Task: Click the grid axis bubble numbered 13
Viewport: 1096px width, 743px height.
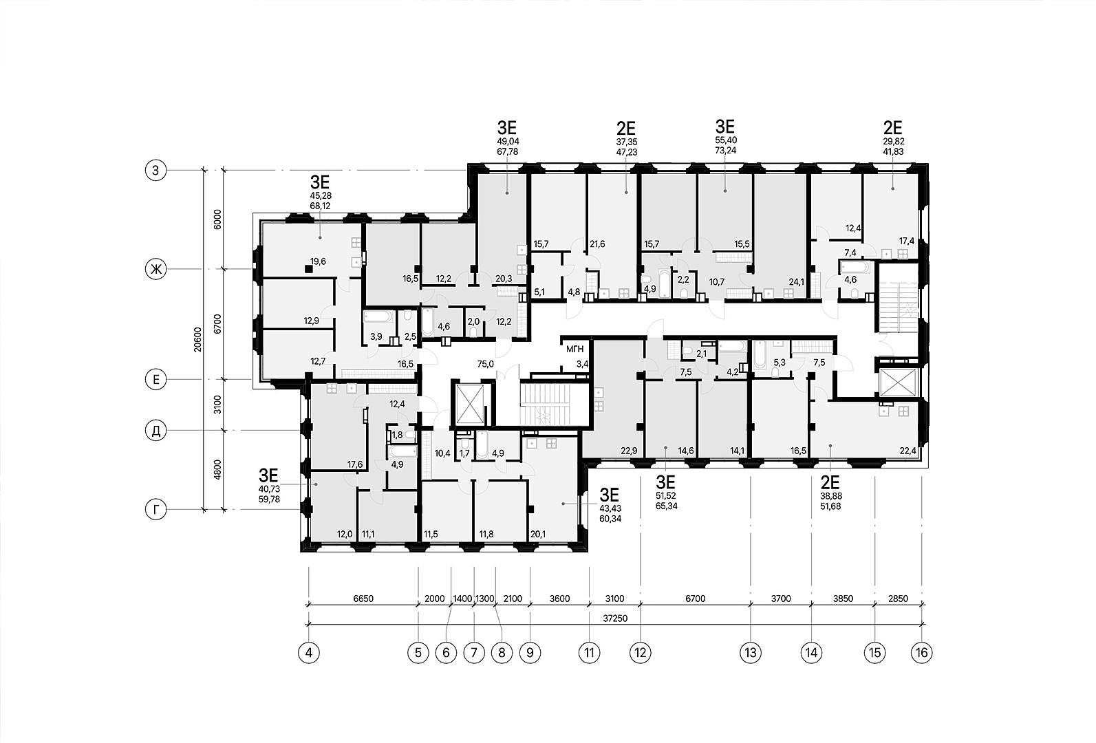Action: pos(751,652)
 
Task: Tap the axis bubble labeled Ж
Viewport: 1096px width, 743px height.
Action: pos(156,270)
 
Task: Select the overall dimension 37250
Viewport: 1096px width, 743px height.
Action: pos(615,618)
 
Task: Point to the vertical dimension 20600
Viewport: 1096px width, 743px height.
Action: pos(197,339)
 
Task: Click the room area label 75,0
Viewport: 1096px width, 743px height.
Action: pos(485,363)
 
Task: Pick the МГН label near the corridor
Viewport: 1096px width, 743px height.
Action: pos(575,349)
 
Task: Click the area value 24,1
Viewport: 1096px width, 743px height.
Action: pos(797,282)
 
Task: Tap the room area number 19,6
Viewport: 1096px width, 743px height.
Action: pos(318,261)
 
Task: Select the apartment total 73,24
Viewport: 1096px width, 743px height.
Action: pos(725,150)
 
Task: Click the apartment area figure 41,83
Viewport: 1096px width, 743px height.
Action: pos(893,151)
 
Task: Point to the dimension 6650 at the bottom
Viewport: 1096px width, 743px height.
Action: pos(363,599)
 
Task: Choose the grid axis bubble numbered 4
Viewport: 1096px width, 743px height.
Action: pos(309,652)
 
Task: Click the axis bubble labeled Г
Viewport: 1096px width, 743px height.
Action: pos(156,510)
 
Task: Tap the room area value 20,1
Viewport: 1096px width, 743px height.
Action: pos(538,534)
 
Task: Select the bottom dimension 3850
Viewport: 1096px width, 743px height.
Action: pos(843,599)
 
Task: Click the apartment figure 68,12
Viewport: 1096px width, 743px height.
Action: pos(320,206)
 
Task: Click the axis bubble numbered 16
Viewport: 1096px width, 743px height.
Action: pos(921,652)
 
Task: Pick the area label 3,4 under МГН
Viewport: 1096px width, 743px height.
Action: pos(582,363)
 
